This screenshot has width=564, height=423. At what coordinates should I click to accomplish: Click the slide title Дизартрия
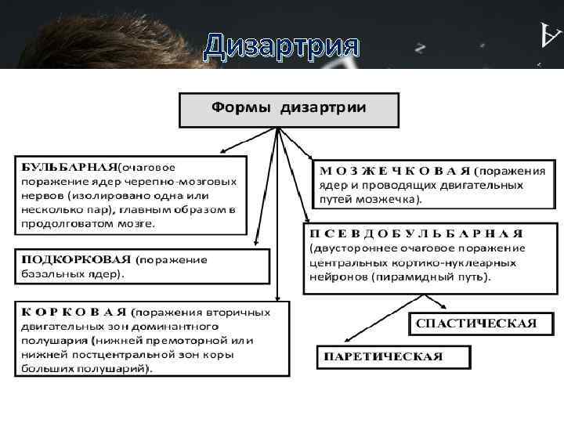coord(281,48)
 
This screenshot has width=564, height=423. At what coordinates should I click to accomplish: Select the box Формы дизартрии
coord(289,109)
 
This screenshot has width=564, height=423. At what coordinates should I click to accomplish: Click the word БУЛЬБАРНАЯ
coord(68,167)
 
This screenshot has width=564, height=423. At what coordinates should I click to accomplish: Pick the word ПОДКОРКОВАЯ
coord(75,259)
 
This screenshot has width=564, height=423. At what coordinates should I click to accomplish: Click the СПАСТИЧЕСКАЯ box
coord(475,324)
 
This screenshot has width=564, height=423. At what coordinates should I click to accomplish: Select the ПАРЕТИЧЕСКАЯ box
coord(394,357)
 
